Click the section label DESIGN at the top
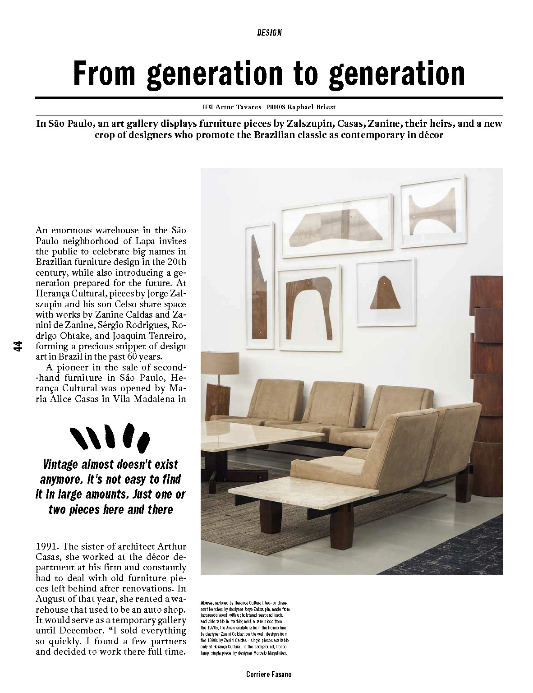pos(269,32)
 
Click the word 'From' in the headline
pos(104,74)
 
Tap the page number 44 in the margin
pos(18,346)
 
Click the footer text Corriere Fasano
pos(269,675)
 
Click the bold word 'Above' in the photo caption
pos(207,603)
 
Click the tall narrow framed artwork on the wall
pos(259,285)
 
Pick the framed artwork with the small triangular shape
pos(386,292)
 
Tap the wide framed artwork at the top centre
pos(336,226)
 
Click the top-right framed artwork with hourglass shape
pos(433,212)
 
